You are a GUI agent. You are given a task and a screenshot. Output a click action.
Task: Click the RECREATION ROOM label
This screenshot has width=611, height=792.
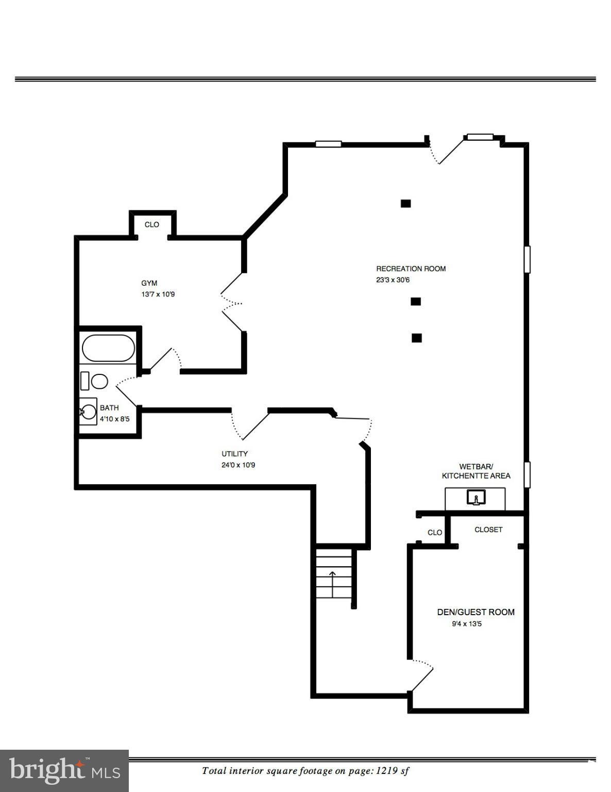click(411, 269)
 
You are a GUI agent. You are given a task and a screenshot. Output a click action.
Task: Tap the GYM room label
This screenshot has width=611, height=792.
click(149, 283)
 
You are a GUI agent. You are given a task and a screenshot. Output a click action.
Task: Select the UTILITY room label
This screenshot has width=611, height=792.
click(234, 454)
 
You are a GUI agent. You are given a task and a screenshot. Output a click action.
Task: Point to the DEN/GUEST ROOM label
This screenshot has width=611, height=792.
click(476, 612)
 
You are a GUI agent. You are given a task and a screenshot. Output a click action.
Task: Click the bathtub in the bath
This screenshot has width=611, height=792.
click(109, 348)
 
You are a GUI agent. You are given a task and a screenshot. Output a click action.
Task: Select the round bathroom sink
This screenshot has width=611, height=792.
click(89, 411)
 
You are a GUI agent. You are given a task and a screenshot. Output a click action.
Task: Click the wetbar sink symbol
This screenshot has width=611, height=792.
click(476, 498)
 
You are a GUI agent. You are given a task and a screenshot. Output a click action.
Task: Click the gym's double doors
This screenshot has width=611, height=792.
click(231, 302)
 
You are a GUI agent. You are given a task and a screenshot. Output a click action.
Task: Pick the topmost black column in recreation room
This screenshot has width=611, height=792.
click(405, 203)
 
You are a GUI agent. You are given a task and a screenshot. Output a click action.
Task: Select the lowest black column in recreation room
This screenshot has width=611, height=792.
click(417, 338)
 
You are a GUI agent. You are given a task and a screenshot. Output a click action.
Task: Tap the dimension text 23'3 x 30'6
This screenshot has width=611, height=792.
click(393, 280)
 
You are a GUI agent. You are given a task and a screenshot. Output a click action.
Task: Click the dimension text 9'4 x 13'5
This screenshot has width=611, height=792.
click(467, 624)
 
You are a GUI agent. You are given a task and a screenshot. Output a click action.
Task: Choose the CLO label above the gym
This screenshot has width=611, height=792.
click(152, 225)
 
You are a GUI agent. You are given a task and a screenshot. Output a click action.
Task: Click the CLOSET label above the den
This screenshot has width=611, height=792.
click(488, 530)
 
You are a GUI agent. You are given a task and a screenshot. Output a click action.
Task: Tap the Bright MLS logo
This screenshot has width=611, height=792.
click(64, 771)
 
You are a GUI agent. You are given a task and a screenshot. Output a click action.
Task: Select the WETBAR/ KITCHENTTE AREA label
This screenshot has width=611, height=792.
click(476, 471)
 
